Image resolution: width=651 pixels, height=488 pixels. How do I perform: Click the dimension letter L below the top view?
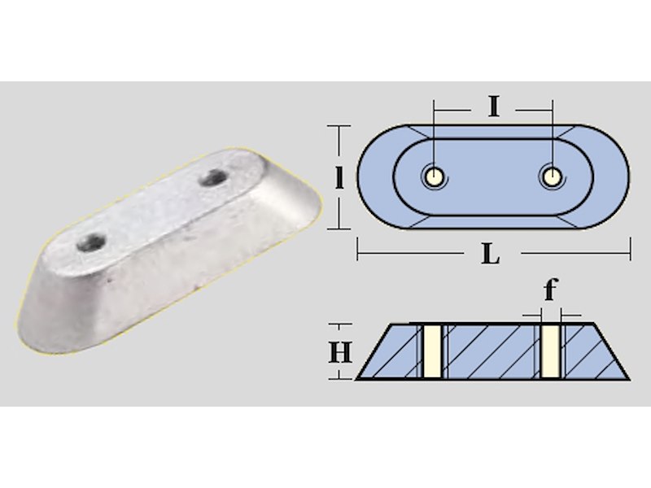[x=491, y=254]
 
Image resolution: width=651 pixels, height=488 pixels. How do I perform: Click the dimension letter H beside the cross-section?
[x=340, y=352]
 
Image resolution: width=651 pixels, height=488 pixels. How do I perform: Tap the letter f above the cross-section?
[x=551, y=290]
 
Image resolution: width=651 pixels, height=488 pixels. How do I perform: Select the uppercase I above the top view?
[x=493, y=107]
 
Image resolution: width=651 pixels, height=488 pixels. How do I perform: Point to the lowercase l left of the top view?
[x=339, y=178]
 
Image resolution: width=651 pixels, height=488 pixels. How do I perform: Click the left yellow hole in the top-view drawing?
[x=435, y=177]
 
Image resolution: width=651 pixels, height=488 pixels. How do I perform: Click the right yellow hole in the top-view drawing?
[x=552, y=177]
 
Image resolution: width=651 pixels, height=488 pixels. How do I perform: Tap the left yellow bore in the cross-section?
[x=431, y=351]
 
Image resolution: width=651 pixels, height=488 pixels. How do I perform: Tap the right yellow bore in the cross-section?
[x=551, y=351]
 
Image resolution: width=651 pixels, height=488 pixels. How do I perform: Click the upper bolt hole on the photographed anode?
[x=212, y=178]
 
